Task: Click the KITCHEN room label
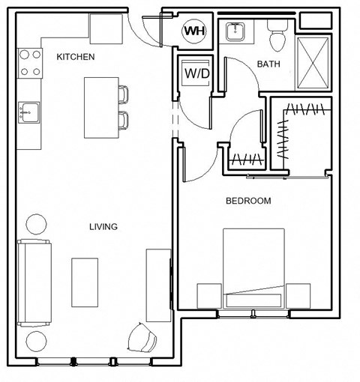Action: click(x=75, y=56)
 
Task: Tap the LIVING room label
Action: click(x=103, y=226)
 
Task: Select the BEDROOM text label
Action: click(x=248, y=201)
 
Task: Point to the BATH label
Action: click(x=268, y=64)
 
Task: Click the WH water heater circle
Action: click(x=194, y=31)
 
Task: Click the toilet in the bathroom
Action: click(x=276, y=34)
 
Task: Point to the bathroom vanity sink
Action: click(x=236, y=32)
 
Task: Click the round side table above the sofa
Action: click(x=36, y=223)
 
